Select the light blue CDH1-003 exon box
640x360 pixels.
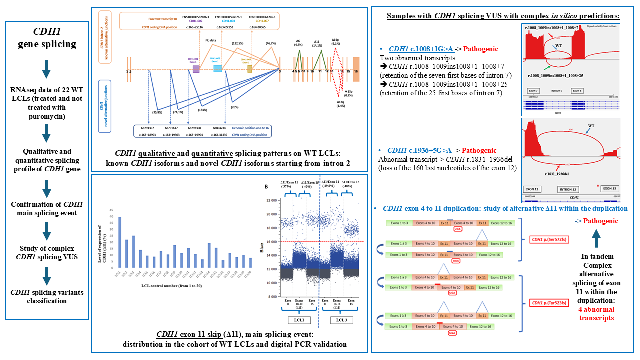point(218,69)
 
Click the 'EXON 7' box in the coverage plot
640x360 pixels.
point(533,91)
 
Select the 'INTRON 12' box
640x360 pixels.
point(571,190)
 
